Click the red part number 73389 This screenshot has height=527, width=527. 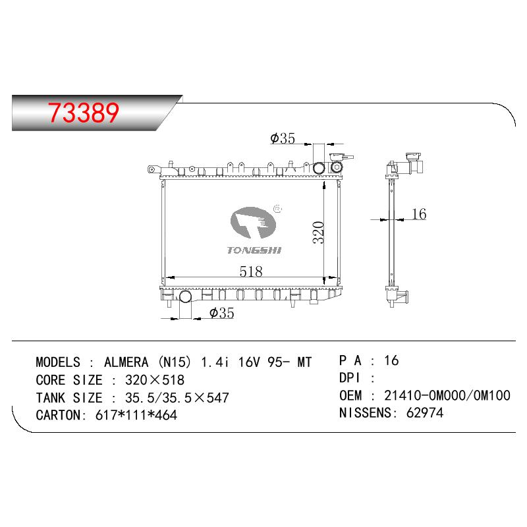[x=84, y=112]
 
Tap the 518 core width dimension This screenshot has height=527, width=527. [x=251, y=271]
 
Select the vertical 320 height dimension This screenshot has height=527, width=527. [x=318, y=233]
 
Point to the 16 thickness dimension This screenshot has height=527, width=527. [x=419, y=213]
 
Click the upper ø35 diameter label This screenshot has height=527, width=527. [x=283, y=138]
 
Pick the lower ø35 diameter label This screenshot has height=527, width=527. [x=221, y=313]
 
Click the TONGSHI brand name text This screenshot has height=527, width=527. [x=254, y=250]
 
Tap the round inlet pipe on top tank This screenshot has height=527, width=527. [x=319, y=167]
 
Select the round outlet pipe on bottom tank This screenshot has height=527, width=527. [x=185, y=296]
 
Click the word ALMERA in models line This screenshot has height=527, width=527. [x=126, y=362]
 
